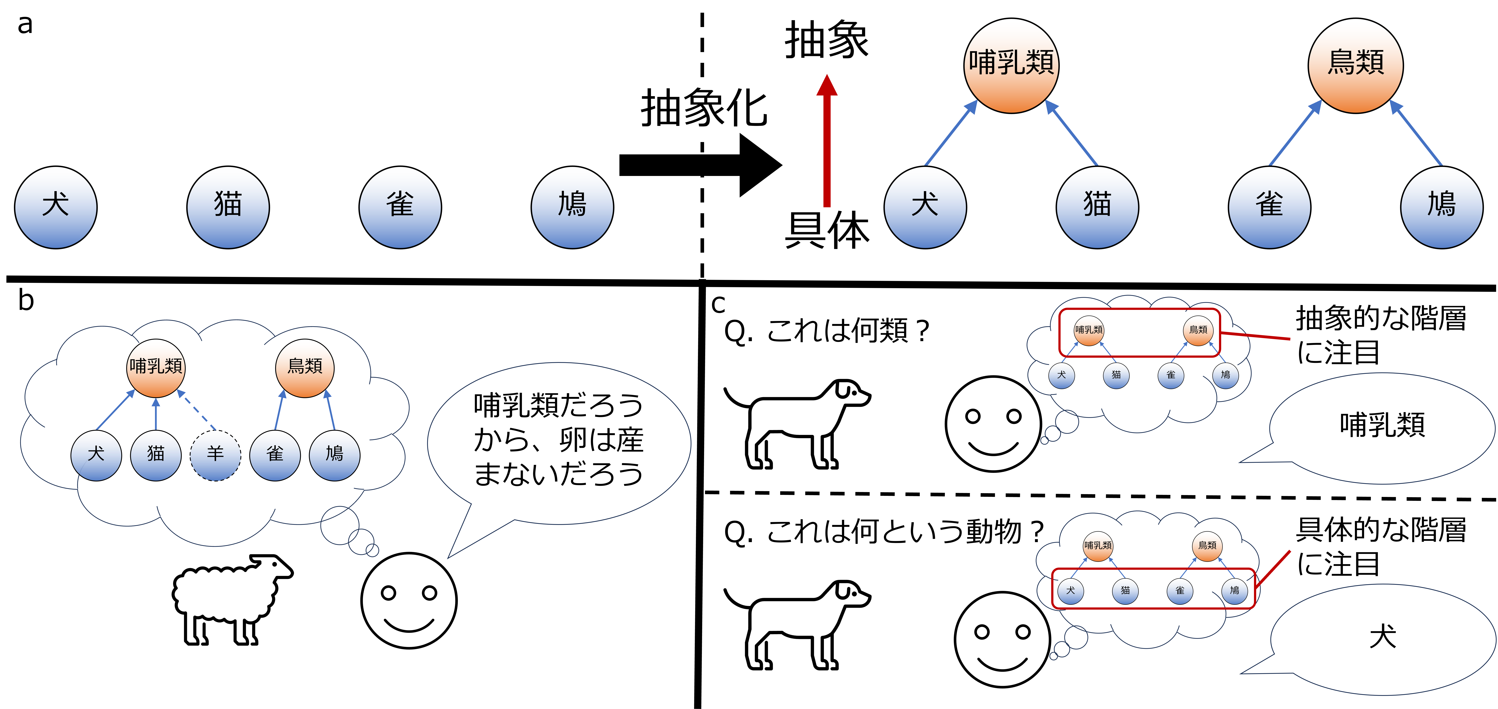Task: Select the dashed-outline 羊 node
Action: tap(215, 455)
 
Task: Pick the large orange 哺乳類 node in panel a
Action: tap(1011, 65)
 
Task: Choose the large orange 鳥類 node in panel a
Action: tap(1356, 65)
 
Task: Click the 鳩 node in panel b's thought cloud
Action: tap(334, 455)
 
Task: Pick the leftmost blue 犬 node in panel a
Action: tap(56, 208)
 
